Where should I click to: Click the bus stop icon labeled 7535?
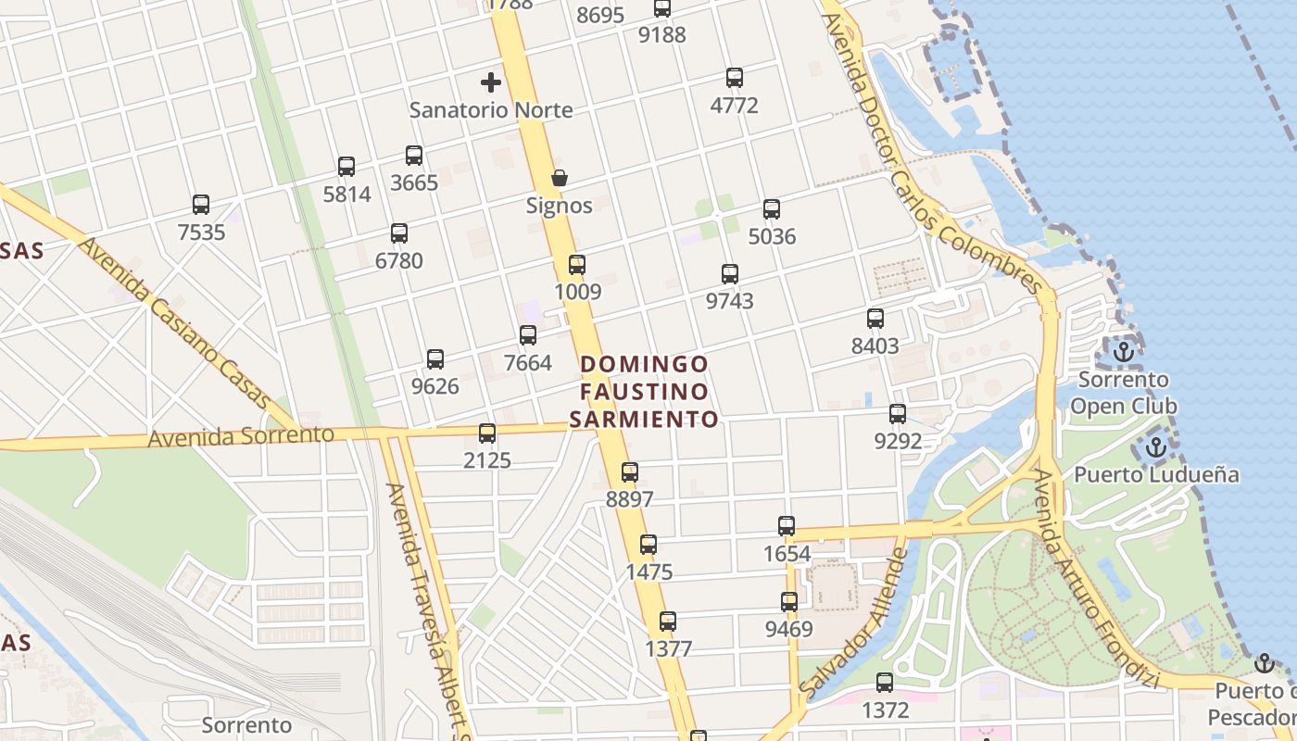(x=201, y=205)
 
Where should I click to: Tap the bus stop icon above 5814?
(x=346, y=167)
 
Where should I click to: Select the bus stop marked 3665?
(x=414, y=156)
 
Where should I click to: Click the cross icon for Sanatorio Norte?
(x=491, y=82)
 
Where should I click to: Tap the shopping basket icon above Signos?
(x=560, y=178)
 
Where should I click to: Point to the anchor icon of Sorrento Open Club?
(x=1124, y=352)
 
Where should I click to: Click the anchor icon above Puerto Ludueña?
(x=1155, y=447)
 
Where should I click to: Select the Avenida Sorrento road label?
(x=241, y=435)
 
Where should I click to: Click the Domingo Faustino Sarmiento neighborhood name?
(x=644, y=392)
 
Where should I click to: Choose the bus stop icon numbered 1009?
(x=577, y=265)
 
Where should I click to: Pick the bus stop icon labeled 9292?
(x=898, y=414)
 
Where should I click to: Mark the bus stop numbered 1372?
(x=885, y=684)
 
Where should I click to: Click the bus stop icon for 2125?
(x=487, y=433)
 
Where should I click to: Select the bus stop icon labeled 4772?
(x=735, y=78)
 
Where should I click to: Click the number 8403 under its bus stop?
(x=875, y=346)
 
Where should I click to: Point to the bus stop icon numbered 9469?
(x=789, y=602)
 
